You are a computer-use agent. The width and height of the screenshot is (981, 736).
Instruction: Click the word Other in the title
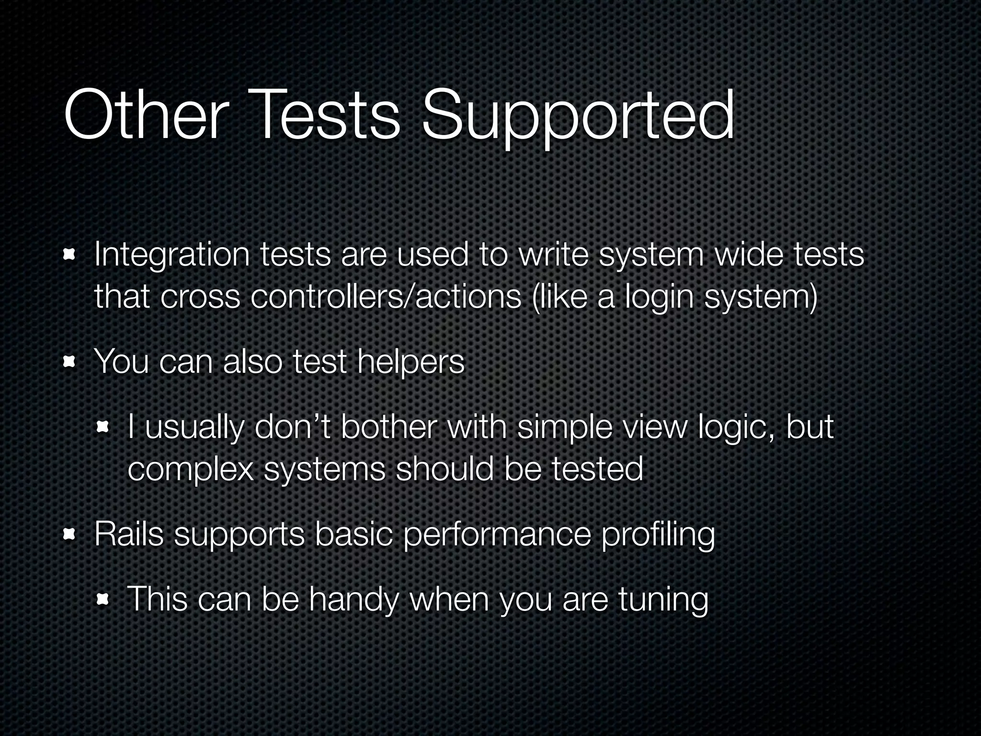[x=143, y=116]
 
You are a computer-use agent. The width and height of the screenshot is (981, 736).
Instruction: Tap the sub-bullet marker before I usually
[x=103, y=426]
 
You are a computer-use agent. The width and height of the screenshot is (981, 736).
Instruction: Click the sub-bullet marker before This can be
[x=103, y=599]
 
